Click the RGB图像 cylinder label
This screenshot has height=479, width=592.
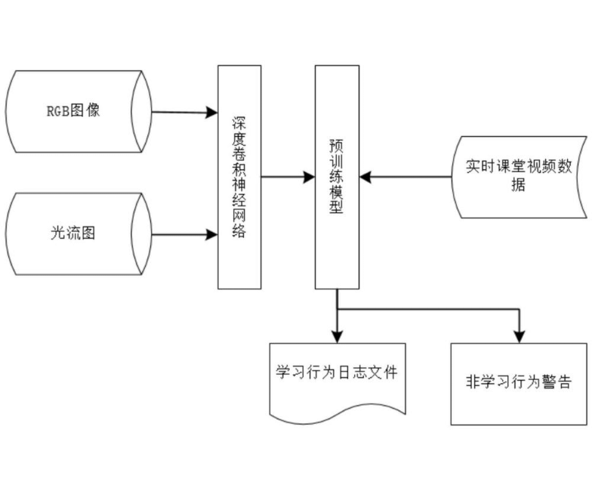tap(73, 112)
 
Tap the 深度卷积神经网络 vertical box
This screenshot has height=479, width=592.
tap(239, 177)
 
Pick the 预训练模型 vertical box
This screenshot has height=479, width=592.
tap(336, 177)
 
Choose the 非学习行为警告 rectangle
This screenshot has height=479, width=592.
tap(518, 383)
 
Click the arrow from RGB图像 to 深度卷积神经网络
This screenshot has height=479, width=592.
tap(185, 113)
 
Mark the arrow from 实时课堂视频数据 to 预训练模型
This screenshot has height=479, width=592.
tap(408, 178)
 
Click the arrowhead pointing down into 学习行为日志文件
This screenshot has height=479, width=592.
tap(337, 335)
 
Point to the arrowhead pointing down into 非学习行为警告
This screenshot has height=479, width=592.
tap(519, 335)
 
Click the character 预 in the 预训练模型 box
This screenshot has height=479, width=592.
tap(336, 144)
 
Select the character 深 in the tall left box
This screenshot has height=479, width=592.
tap(239, 122)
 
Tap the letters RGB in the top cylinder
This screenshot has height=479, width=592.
tap(57, 112)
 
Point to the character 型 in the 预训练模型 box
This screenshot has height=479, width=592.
tap(336, 209)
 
